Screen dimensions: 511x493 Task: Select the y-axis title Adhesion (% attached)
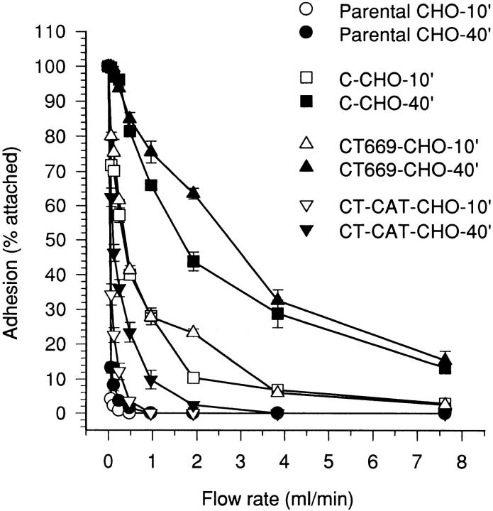17,220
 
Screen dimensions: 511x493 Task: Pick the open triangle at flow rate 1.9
193,331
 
